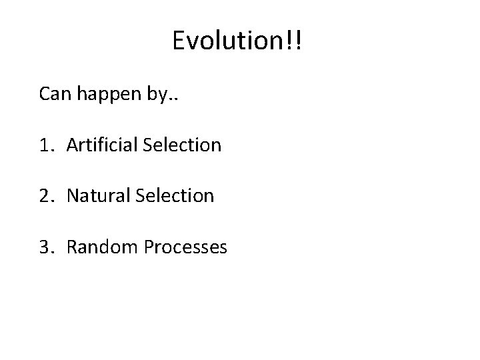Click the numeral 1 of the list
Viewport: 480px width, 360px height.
tap(44, 145)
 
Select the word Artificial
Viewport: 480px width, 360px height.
tap(102, 145)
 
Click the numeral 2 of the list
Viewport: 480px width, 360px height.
tap(45, 196)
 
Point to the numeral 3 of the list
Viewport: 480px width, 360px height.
tap(45, 247)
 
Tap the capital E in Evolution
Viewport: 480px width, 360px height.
tap(179, 41)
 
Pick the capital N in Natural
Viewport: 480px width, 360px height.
tap(72, 196)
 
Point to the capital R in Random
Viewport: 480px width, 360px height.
tap(71, 247)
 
